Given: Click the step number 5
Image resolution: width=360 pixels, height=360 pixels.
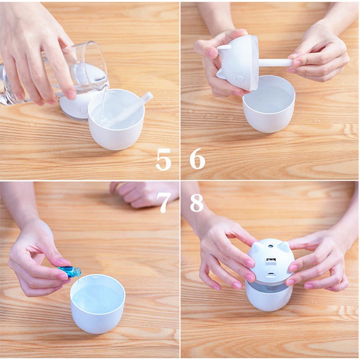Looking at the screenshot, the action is click(x=164, y=159).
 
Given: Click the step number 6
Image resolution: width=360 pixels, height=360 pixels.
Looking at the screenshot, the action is click(x=197, y=159).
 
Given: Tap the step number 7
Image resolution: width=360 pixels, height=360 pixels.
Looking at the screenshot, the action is click(x=164, y=202).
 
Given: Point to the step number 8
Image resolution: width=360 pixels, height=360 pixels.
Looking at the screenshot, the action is click(x=197, y=203).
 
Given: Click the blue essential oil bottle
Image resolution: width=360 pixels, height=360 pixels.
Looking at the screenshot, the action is click(x=70, y=271).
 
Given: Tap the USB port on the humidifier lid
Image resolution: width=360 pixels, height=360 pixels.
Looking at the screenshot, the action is click(x=271, y=260).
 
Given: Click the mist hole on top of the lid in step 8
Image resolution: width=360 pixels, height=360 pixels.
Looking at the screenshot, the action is click(x=271, y=246).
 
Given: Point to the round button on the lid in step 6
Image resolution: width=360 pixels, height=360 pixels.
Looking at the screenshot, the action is click(x=240, y=79).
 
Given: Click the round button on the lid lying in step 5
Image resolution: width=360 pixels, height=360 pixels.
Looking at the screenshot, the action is click(x=83, y=110).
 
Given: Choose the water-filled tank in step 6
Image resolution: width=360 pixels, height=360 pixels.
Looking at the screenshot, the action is click(x=268, y=104).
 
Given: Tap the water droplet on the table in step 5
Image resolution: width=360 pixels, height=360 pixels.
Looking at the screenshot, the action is click(x=32, y=125).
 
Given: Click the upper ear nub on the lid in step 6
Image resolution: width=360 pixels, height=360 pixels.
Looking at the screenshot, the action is click(x=224, y=48).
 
